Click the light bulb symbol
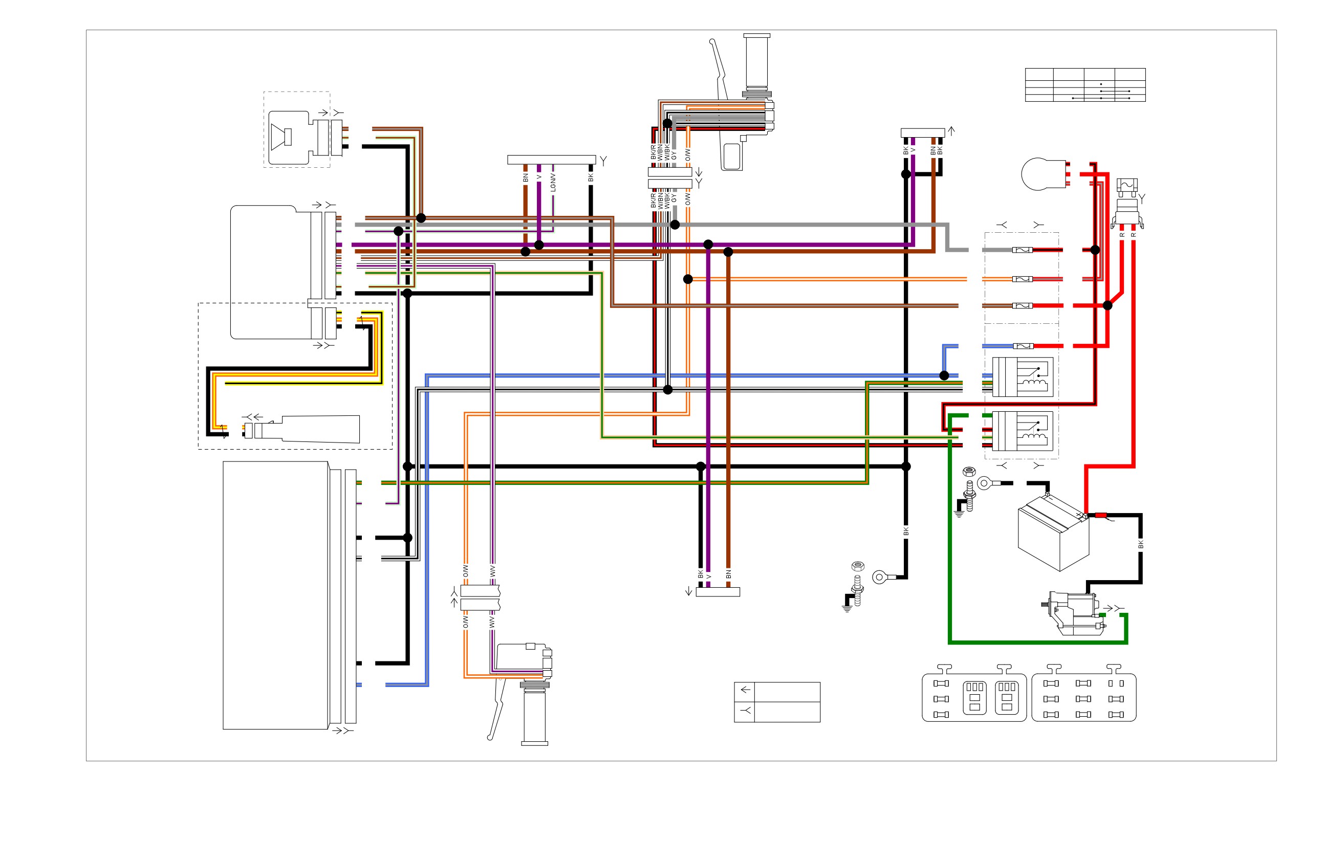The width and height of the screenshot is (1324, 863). [x=1044, y=174]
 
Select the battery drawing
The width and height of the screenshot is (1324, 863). [x=1053, y=532]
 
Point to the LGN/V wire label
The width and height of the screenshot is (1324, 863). [x=553, y=183]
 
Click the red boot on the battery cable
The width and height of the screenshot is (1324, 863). [x=1100, y=516]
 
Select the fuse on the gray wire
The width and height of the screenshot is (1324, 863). [x=1023, y=250]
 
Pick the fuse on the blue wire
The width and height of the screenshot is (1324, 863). [x=1023, y=346]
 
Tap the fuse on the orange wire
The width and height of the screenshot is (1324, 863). [x=1023, y=279]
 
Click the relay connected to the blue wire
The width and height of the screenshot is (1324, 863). [x=1023, y=377]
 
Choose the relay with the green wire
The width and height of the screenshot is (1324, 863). [x=1023, y=431]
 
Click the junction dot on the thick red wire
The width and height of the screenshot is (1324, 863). [x=1108, y=305]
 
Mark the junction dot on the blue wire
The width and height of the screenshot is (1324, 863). [x=944, y=375]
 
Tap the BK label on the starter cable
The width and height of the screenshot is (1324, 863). [x=1140, y=544]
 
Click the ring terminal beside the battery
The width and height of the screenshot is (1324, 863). [x=985, y=483]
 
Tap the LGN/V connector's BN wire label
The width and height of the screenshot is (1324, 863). [x=526, y=178]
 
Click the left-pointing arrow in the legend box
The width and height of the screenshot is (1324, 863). [x=746, y=690]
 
